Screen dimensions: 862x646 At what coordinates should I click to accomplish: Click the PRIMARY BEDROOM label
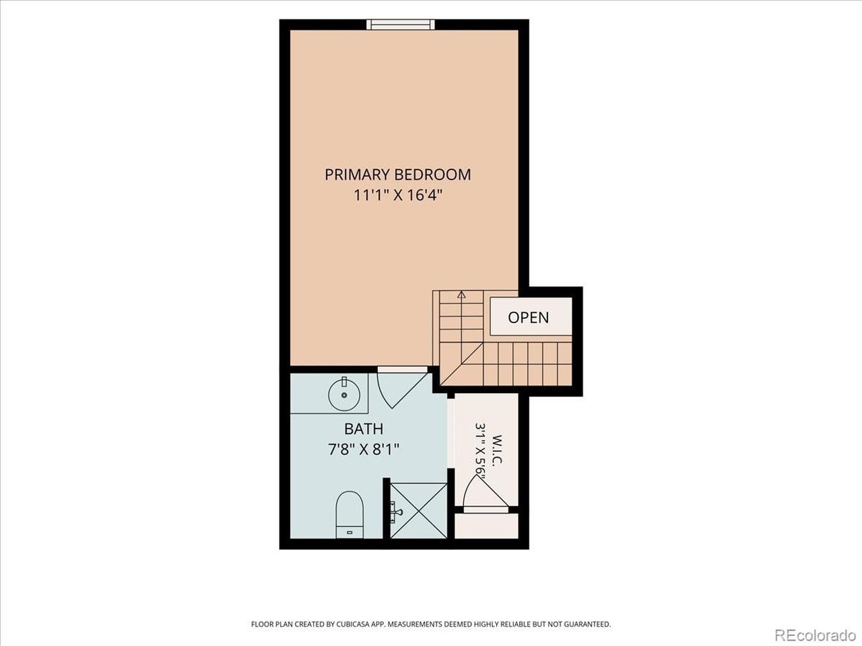pos(398,174)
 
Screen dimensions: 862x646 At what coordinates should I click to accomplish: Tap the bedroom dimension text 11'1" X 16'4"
pos(398,195)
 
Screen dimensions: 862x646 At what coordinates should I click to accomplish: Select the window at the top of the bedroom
pos(401,25)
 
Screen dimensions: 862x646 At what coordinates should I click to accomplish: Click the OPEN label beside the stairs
pos(529,318)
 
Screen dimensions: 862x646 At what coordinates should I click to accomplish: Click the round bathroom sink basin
pos(344,395)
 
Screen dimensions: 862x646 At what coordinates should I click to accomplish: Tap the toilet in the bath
pos(349,515)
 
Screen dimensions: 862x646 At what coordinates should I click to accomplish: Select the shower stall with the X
pos(419,511)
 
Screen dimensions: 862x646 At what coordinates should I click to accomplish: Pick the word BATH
pos(364,429)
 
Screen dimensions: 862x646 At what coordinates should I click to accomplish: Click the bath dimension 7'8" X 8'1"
pos(364,449)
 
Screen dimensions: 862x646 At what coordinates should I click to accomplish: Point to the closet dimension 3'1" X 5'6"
pos(480,452)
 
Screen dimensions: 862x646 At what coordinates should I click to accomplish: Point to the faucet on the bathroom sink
pos(344,382)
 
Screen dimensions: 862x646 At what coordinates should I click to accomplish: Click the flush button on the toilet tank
pos(349,533)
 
